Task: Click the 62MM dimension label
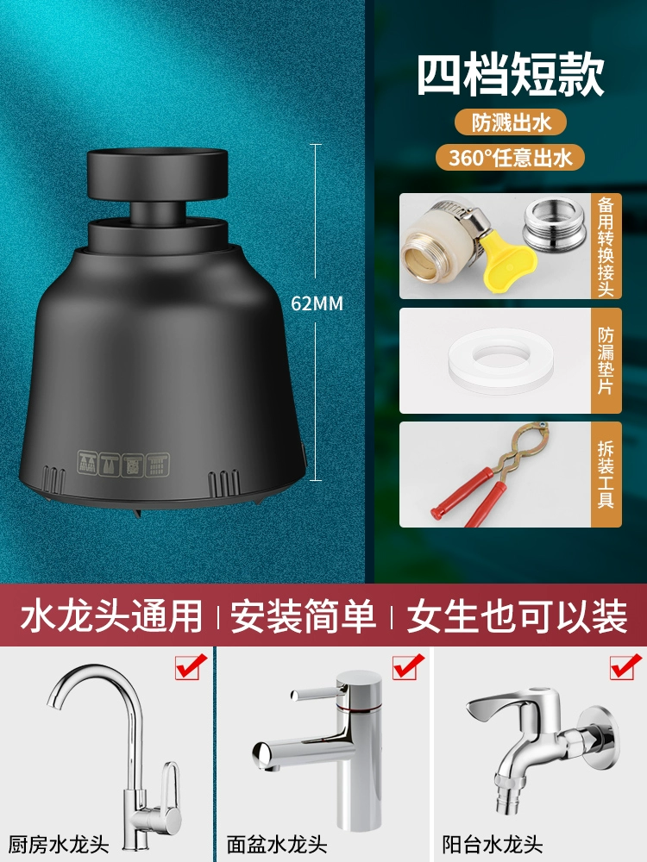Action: click(317, 303)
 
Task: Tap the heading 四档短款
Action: click(511, 75)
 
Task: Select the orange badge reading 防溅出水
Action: click(511, 122)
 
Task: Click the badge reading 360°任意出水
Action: click(510, 158)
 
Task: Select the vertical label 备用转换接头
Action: click(606, 247)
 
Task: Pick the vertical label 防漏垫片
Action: click(606, 360)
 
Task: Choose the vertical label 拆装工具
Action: click(606, 474)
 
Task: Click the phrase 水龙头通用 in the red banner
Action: click(111, 615)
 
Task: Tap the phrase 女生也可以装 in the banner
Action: click(517, 615)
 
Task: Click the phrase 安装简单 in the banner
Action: click(303, 615)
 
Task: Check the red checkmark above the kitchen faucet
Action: click(191, 666)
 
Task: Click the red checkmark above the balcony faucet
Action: click(626, 666)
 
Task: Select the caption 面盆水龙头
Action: click(277, 845)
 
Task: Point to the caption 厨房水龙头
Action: click(59, 845)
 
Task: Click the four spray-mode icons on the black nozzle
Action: click(123, 465)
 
